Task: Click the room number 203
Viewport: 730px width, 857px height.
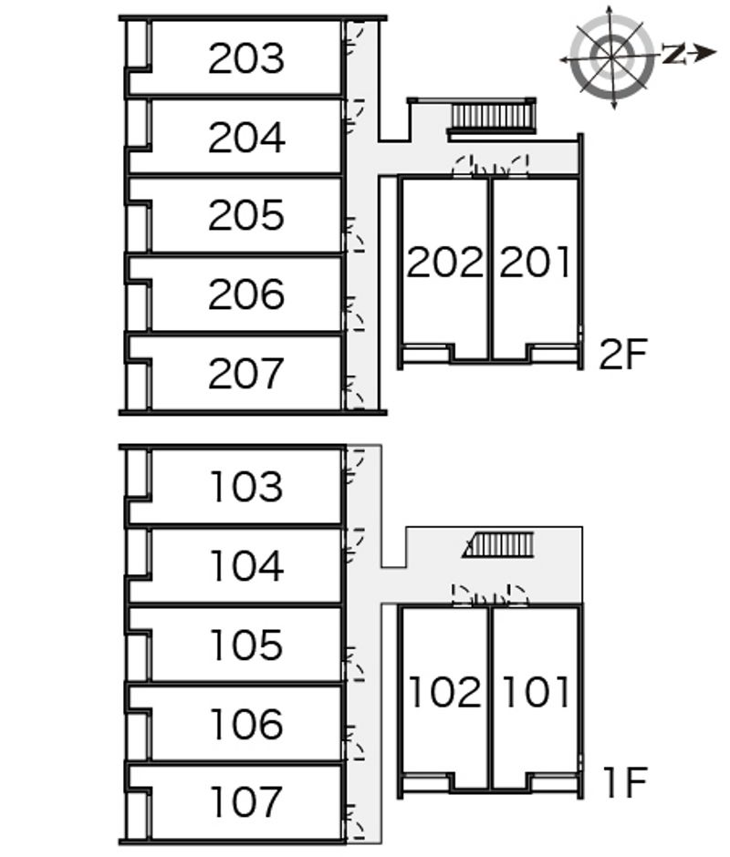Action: click(x=246, y=58)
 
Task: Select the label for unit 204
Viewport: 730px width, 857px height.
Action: click(x=246, y=138)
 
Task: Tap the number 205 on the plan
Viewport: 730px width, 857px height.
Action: click(x=246, y=216)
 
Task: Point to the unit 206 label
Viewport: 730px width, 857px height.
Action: click(x=246, y=295)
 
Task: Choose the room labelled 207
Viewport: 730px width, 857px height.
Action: click(x=246, y=374)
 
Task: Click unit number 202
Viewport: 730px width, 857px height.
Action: click(x=444, y=263)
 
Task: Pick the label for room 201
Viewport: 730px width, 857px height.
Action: click(x=536, y=263)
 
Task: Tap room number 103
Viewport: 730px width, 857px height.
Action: click(x=246, y=488)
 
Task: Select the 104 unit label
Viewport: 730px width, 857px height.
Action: click(x=246, y=567)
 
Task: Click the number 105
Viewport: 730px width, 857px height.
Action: click(x=246, y=645)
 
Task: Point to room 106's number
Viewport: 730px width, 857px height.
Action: click(x=246, y=725)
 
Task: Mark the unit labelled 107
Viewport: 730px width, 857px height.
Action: click(x=246, y=803)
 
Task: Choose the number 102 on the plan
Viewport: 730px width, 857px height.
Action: click(x=444, y=693)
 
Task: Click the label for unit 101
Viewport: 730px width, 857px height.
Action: click(x=536, y=693)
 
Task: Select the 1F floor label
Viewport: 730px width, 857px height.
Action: click(x=624, y=782)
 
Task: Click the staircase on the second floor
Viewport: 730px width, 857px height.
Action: click(x=492, y=117)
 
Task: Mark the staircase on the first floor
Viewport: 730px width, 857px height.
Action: click(x=498, y=546)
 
